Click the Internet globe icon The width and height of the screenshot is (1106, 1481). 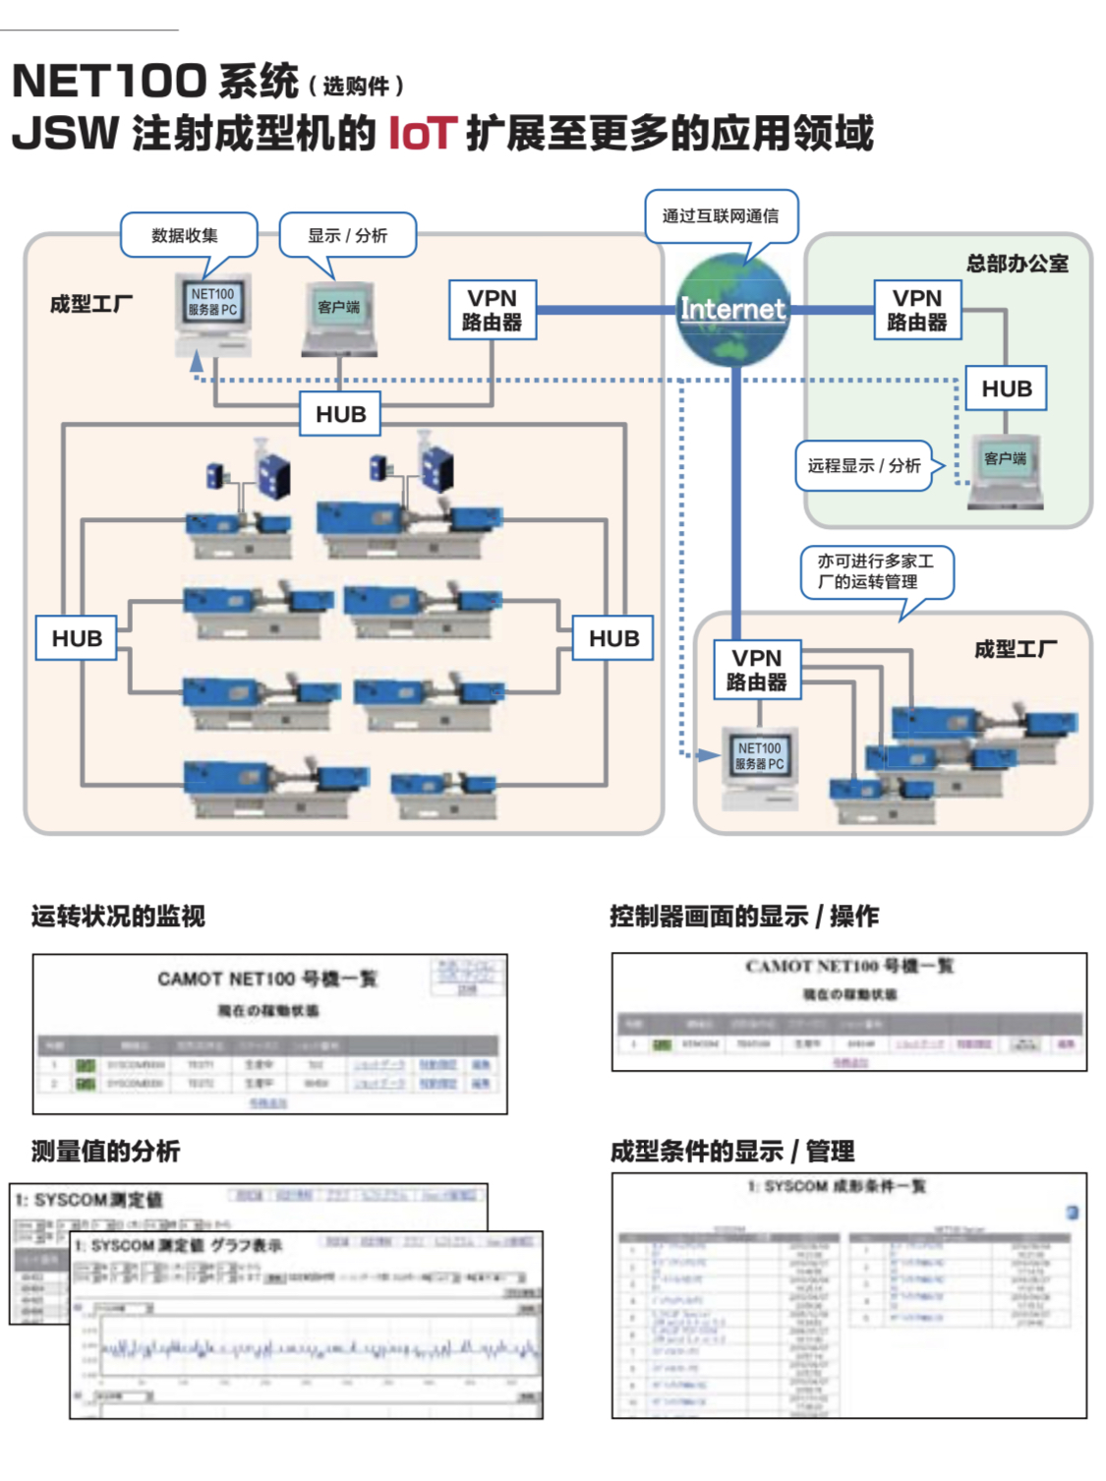coord(733,310)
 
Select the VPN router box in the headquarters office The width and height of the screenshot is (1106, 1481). coord(916,310)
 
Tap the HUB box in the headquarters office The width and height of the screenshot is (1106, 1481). coord(1006,388)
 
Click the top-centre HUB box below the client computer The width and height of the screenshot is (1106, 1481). coord(340,414)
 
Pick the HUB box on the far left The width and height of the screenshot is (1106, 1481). coord(77,638)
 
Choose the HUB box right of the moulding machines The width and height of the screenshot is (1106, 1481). coord(613,638)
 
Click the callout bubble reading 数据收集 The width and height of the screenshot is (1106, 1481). coord(186,236)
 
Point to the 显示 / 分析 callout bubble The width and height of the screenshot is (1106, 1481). coord(347,236)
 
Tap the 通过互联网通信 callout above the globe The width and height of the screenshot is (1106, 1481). coord(720,216)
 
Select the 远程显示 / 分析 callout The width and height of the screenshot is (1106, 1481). coord(863,466)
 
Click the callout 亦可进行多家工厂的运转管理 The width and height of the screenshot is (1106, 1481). coord(876,571)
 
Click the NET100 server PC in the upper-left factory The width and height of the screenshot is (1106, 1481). coord(213,313)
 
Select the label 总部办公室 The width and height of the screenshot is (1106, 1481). coord(1017,264)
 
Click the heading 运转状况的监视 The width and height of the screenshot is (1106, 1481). coord(118,917)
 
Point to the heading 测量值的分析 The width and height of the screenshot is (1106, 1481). coord(105,1151)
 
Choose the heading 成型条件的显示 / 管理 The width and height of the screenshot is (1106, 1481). coord(732,1151)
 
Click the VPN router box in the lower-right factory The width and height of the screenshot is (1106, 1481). coord(757,670)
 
